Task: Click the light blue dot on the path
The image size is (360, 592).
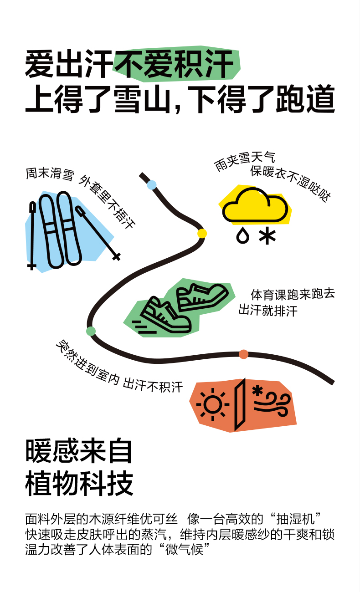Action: (x=152, y=184)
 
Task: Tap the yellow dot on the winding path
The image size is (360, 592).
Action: (x=202, y=234)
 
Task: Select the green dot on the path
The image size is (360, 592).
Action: (x=91, y=331)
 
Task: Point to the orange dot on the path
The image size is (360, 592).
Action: (x=244, y=354)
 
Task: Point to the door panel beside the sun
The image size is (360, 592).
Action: (x=240, y=404)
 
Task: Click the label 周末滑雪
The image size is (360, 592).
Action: (x=49, y=174)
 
